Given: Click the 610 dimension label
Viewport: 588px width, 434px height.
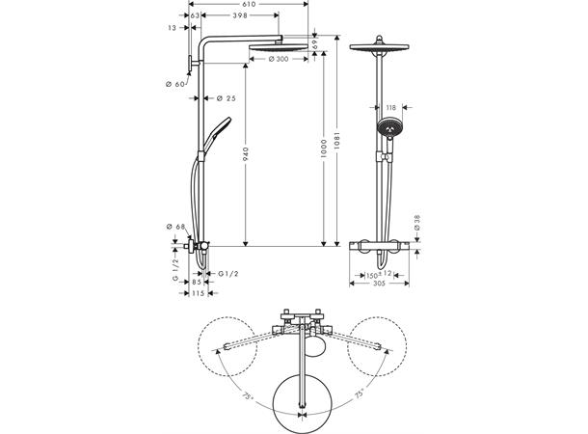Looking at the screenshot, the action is point(249,4).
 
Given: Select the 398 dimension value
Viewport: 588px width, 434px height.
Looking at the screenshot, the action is point(240,15).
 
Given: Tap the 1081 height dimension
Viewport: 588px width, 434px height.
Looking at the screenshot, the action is point(336,140).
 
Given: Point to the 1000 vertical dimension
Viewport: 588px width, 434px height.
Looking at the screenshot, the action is point(324,149).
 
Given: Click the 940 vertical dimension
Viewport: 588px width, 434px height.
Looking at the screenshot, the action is point(246,154).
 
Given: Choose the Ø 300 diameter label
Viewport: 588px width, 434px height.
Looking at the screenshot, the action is point(279,59).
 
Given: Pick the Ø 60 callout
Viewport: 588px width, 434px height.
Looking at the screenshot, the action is point(175,84).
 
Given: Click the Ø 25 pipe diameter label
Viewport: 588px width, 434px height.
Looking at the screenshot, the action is point(227,98).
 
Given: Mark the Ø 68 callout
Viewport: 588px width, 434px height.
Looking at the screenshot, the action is point(175,227).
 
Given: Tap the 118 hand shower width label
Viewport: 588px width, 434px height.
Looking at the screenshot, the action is point(390,108).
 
